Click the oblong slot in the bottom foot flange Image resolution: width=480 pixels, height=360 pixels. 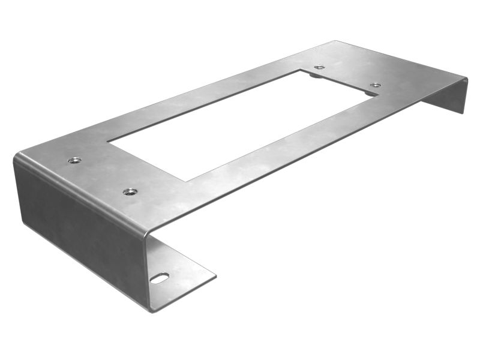(160, 277)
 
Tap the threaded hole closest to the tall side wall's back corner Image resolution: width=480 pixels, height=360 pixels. (74, 160)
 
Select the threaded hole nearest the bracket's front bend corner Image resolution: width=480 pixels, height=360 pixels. (130, 192)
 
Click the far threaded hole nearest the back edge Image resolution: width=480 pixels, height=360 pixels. (319, 68)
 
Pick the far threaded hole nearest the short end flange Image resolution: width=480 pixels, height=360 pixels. (375, 85)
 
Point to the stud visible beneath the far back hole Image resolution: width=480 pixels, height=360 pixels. (316, 75)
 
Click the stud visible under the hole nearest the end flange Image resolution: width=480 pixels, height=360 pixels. (370, 93)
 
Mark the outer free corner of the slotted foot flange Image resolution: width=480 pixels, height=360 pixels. (215, 277)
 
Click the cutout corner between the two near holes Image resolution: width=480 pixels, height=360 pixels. (108, 142)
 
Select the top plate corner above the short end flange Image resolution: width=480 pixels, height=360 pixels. (467, 78)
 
